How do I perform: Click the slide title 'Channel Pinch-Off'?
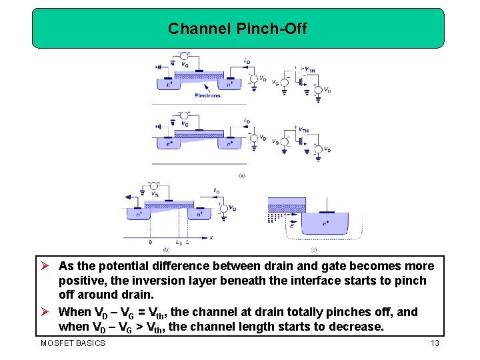pos(237,29)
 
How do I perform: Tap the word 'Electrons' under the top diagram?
pos(207,95)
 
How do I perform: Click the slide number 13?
pos(435,343)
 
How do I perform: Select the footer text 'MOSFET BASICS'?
pos(73,343)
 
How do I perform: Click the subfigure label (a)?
pos(241,175)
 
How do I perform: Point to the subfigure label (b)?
pos(165,249)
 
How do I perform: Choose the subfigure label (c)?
pos(314,249)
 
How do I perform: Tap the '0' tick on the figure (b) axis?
pos(150,243)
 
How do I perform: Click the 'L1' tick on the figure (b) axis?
pos(178,243)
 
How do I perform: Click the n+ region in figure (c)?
pos(325,224)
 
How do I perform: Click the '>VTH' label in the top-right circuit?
pos(309,68)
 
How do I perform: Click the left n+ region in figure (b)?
pos(138,213)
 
